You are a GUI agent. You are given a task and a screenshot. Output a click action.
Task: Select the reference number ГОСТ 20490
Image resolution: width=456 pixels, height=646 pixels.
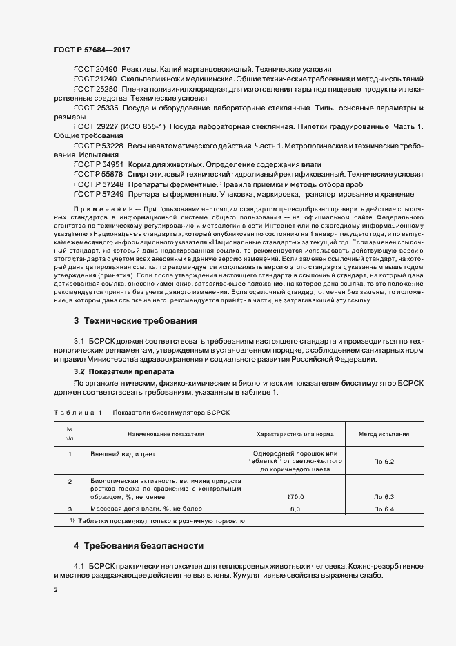(x=95, y=70)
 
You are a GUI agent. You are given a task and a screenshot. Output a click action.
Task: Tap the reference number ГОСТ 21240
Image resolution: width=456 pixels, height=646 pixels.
(x=95, y=79)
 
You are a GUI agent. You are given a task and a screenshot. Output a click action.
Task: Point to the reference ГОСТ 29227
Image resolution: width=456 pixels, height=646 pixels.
(x=95, y=128)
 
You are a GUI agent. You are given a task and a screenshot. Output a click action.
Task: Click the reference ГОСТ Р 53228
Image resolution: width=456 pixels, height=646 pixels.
(x=98, y=147)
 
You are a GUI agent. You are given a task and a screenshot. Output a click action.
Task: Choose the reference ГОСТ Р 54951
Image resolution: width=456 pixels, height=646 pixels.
(x=98, y=166)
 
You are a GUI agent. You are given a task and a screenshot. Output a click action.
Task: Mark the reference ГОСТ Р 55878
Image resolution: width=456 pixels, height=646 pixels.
(x=98, y=176)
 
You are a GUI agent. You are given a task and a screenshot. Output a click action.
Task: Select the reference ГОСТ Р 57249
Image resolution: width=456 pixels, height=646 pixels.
(x=98, y=195)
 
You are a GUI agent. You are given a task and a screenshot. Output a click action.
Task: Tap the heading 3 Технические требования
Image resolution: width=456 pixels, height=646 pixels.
(x=135, y=302)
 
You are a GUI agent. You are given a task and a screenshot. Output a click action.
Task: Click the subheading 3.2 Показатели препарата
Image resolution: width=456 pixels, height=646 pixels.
(x=119, y=371)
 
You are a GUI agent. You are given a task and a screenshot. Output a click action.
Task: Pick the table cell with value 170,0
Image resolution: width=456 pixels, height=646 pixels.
(x=295, y=496)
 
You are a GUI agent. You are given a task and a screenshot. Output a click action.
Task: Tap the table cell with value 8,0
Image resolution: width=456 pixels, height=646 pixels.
(x=295, y=509)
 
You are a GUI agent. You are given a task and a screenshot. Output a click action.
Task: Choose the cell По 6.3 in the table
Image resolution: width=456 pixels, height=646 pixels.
(x=384, y=496)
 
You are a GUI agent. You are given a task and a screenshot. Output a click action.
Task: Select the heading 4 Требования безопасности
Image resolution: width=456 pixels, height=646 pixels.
(x=139, y=545)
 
